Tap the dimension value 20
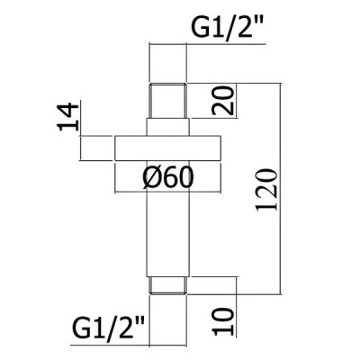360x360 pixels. [222, 101]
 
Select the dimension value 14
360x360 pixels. [67, 117]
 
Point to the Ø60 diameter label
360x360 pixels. [168, 177]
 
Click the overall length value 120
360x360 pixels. [266, 190]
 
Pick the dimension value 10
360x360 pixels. [222, 321]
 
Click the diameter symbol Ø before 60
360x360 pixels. [150, 177]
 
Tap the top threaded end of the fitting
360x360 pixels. [168, 101]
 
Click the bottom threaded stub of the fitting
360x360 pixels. [168, 285]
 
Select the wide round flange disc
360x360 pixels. [168, 148]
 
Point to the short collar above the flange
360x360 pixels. [168, 127]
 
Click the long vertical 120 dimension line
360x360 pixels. [281, 188]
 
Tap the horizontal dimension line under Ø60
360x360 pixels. [168, 192]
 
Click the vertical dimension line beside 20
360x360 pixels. [237, 101]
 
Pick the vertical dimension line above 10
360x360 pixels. [237, 307]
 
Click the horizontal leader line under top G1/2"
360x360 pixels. [207, 44]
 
